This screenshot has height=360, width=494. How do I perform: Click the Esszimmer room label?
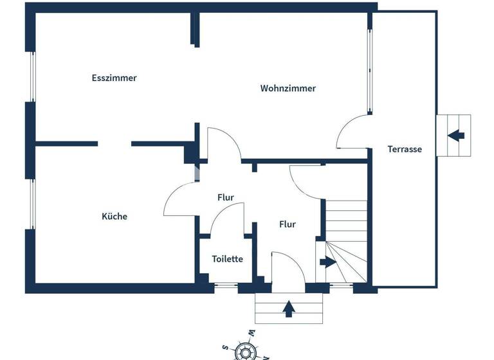coord(114,78)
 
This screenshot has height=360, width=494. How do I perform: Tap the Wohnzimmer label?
coord(288,88)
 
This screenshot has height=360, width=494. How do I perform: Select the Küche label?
coord(114,216)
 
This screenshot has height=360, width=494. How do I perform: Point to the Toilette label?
coord(228,258)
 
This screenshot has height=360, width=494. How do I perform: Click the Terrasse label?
coord(405,148)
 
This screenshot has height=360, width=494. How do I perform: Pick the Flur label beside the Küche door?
coord(225,197)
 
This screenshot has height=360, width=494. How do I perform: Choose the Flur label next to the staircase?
coord(287,224)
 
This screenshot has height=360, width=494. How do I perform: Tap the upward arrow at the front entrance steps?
coord(289,309)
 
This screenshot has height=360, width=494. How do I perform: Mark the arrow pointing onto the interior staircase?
coord(327,262)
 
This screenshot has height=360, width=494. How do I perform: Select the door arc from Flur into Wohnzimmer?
coord(223,143)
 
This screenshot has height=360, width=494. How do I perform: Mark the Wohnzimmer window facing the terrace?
coord(370,71)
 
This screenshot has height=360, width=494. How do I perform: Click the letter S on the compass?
coord(226,347)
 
